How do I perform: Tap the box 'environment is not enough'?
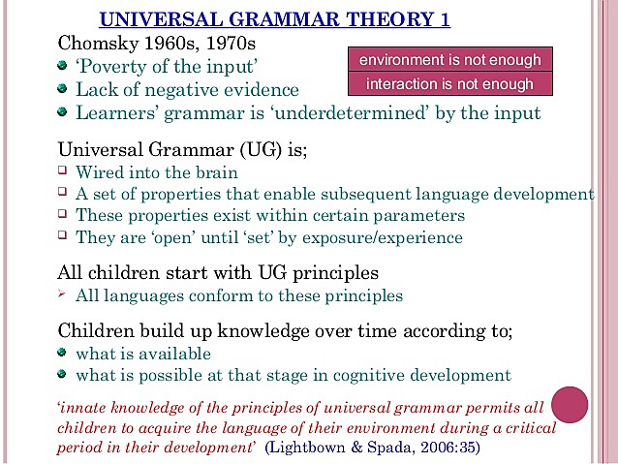[449, 60]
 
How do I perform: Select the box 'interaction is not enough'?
[449, 83]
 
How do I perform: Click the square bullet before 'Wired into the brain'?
[63, 172]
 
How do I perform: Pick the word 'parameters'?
[418, 215]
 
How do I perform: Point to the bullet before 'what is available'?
[63, 353]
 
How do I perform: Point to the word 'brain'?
[213, 173]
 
